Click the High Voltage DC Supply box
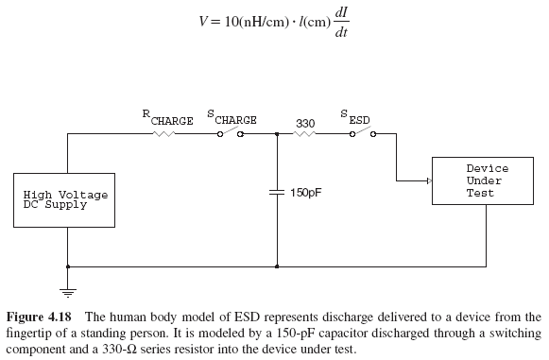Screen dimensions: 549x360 click(66, 200)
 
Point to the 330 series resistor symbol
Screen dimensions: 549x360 click(304, 134)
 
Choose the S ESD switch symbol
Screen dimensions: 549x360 click(361, 134)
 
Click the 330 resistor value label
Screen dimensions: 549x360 click(305, 123)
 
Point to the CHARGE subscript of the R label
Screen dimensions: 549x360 click(172, 121)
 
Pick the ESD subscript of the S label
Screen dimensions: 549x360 click(360, 121)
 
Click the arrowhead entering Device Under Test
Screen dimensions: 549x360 click(426, 180)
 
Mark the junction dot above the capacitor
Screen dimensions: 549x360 click(277, 134)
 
